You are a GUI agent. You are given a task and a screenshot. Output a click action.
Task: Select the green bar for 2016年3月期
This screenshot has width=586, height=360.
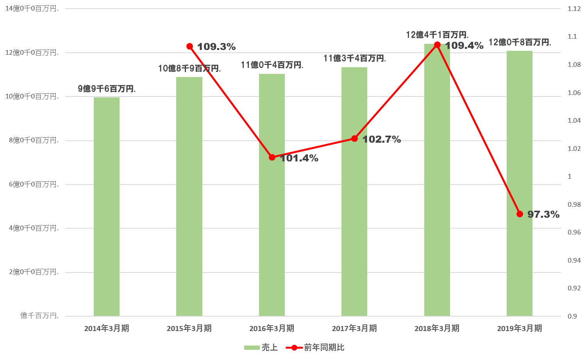coord(272,235)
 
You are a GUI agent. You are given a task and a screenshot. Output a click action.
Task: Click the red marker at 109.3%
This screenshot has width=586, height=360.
coord(190,47)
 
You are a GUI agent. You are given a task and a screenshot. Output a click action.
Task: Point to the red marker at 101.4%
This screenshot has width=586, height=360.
coord(272,158)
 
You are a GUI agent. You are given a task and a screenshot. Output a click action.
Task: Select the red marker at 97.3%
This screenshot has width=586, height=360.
coord(520,214)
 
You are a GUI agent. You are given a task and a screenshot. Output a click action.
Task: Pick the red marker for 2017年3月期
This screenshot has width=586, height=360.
coord(354,139)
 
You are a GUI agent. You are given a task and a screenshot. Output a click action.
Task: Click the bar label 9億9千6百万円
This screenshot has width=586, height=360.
coord(107,89)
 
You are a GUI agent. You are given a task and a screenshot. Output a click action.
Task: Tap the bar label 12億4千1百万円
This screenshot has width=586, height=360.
coord(437,35)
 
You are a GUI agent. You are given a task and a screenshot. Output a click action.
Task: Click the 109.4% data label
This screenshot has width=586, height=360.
coord(465,46)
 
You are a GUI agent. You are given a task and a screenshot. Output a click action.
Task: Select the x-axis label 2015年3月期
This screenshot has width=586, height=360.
coord(189,328)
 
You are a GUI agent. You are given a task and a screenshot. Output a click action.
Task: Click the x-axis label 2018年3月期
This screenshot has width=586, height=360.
coord(437,328)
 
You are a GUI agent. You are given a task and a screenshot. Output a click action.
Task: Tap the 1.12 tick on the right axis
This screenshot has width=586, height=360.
coord(574,9)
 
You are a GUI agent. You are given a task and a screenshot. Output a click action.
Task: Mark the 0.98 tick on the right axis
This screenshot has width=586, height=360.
coord(574,204)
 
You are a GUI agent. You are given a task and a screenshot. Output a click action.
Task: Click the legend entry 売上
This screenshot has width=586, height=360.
coord(261,347)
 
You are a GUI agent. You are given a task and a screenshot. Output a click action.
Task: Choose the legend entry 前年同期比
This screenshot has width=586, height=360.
coord(315,347)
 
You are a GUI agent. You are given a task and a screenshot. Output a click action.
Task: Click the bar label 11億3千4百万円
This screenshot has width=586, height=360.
coord(354,59)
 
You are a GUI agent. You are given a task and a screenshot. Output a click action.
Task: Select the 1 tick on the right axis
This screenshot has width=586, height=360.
coord(569,176)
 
